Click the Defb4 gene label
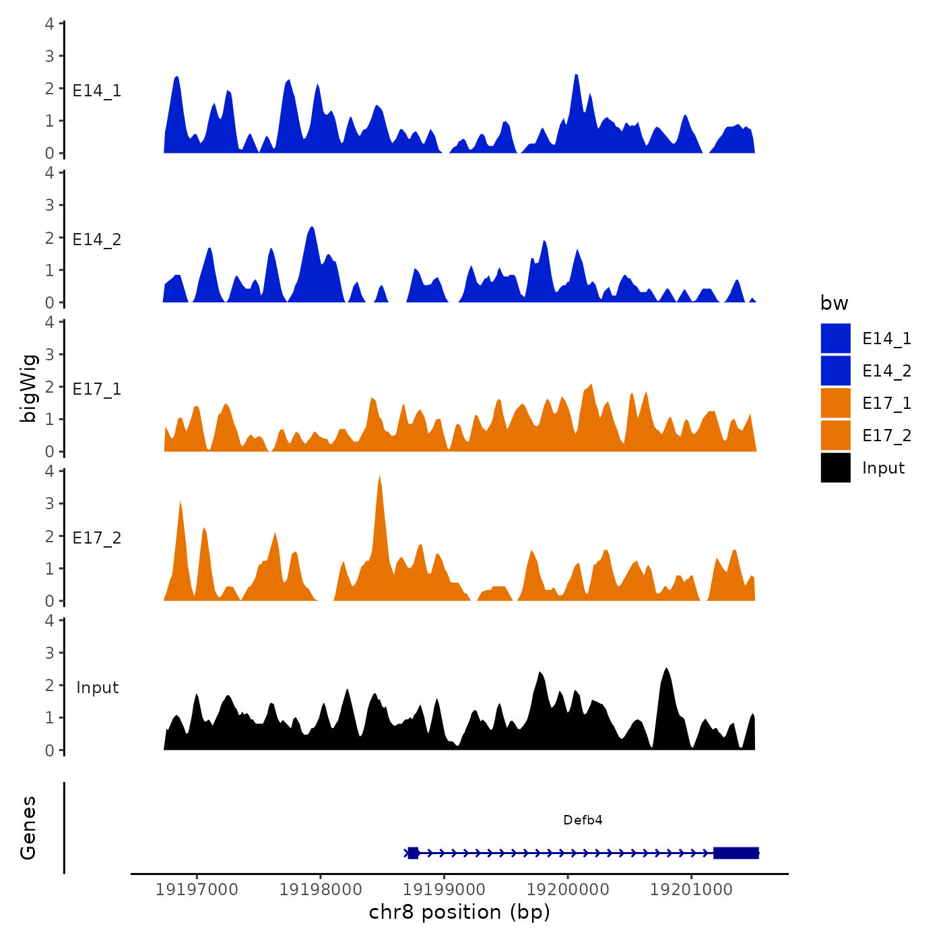583,820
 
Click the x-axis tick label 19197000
197,890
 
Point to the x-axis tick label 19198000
321,890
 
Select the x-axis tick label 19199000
444,890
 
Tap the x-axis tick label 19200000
568,890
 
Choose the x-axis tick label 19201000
691,890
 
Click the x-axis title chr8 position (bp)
459,913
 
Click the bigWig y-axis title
28,387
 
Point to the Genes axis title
28,828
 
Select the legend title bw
834,303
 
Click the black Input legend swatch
835,467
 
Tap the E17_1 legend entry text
886,403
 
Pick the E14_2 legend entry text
886,370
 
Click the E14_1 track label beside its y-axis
97,91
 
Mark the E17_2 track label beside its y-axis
97,538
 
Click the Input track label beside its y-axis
97,687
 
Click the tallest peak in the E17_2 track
380,478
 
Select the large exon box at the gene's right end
736,853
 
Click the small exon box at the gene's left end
413,853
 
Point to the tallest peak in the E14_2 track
311,229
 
